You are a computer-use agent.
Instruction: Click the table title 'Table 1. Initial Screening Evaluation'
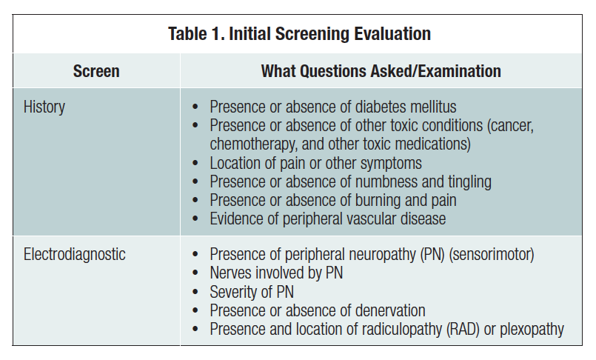tap(299, 33)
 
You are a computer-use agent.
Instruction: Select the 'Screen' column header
tap(96, 72)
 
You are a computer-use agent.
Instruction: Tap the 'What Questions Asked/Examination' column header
tap(381, 72)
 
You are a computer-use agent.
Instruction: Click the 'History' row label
tap(44, 107)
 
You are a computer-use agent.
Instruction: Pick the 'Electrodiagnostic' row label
tap(75, 255)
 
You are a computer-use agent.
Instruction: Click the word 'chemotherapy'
tap(252, 144)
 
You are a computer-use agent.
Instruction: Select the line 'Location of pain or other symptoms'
tap(316, 163)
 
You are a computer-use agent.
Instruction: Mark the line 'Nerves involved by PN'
tap(276, 273)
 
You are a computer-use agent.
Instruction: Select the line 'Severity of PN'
tap(252, 292)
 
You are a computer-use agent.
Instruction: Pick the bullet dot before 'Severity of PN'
tap(195, 292)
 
